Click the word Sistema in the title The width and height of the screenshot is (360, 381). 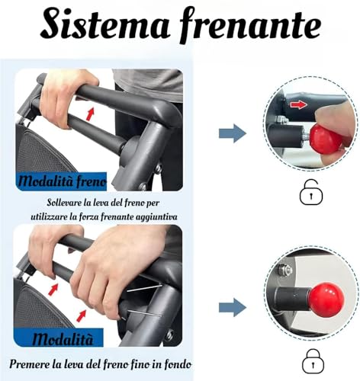tap(104, 24)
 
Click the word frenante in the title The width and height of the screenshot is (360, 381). tap(250, 25)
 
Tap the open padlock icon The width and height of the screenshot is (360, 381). tap(311, 192)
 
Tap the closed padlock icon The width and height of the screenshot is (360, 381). tap(313, 360)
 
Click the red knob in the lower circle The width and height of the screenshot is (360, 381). tap(326, 299)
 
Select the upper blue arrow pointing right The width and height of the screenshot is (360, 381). tap(233, 133)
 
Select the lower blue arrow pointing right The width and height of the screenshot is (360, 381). tap(233, 307)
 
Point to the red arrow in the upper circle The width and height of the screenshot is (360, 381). tap(299, 104)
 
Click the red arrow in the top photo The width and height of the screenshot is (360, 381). tap(90, 114)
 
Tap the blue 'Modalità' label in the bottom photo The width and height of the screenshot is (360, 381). tap(63, 338)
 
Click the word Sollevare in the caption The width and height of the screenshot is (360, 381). tap(64, 203)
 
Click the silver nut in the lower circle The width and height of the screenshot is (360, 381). tap(281, 270)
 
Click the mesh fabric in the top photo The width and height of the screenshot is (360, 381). tap(42, 152)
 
